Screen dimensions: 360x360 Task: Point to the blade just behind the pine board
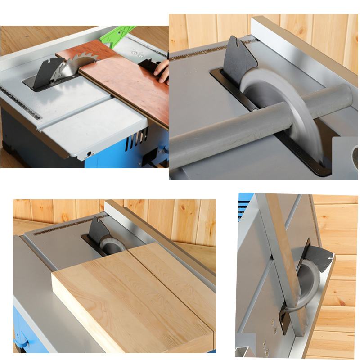[x=110, y=245]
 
